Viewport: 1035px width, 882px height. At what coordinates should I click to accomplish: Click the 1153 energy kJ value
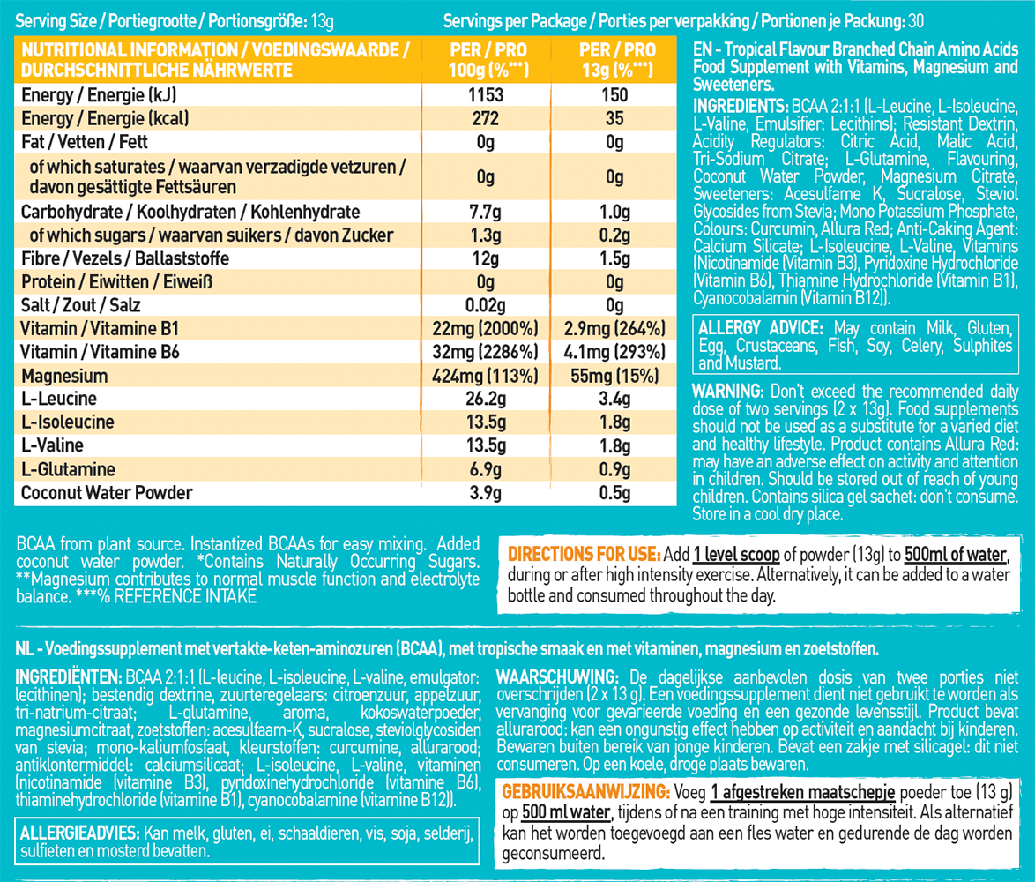(486, 95)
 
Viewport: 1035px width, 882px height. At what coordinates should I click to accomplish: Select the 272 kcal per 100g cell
(486, 118)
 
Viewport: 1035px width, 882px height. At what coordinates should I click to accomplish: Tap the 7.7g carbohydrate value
(486, 212)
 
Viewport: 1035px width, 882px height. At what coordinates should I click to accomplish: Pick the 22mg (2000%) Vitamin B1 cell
(486, 329)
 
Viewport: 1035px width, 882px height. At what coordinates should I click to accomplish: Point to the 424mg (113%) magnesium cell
(486, 376)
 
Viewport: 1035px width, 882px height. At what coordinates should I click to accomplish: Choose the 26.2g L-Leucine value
(486, 399)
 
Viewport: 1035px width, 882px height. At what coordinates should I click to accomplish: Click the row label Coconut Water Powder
(106, 492)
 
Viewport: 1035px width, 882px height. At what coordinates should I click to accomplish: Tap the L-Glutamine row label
(68, 469)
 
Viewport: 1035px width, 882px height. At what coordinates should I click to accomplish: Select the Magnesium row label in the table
(64, 376)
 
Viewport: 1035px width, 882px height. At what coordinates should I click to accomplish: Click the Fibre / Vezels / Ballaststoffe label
(124, 258)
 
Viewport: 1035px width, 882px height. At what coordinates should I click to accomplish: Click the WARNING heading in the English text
(728, 391)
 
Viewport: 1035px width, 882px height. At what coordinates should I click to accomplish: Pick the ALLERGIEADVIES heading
(75, 833)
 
